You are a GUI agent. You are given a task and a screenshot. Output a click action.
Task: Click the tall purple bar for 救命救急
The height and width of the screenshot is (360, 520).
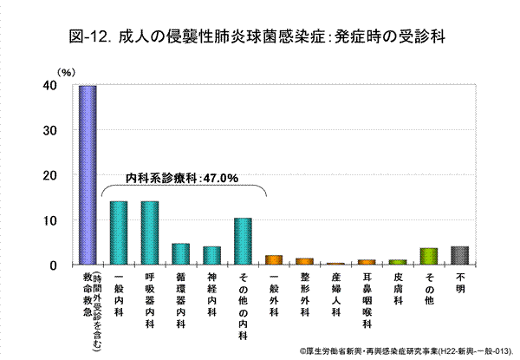(88, 175)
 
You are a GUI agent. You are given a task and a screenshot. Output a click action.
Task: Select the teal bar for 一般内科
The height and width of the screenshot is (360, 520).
(119, 232)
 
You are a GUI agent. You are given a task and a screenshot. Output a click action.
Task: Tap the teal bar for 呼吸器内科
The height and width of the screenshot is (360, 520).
(150, 232)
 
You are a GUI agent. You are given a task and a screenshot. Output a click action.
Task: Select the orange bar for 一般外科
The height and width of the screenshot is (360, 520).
(274, 259)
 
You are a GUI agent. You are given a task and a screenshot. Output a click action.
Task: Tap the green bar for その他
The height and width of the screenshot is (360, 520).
(428, 255)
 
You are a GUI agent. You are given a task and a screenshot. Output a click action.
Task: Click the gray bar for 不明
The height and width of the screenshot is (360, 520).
(459, 255)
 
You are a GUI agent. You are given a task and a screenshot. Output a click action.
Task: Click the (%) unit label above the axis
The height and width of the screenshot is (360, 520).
(65, 73)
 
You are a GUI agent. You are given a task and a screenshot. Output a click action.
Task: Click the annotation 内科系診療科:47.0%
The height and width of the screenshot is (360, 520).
(183, 178)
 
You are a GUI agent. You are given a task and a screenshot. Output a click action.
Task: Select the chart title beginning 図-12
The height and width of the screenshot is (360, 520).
(261, 36)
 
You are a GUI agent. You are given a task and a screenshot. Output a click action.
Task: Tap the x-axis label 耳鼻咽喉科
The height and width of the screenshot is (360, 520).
(367, 300)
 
